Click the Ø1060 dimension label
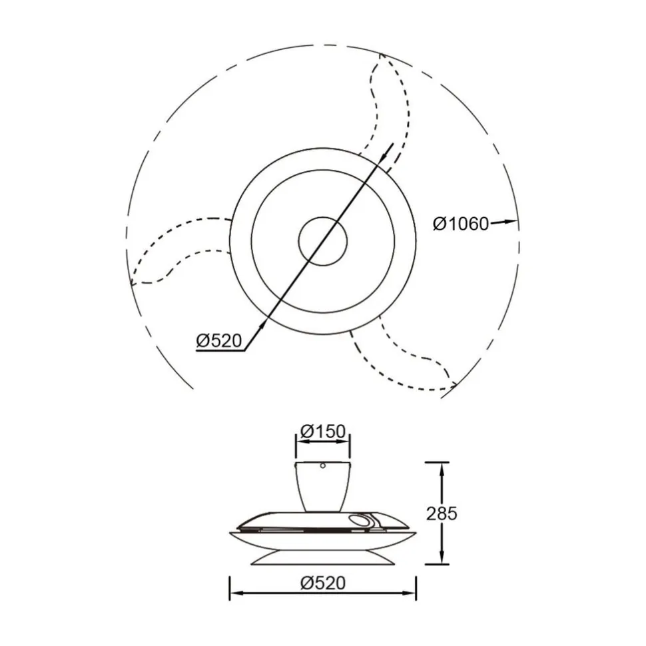(461, 224)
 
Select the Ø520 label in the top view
(218, 341)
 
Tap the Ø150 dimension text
(322, 432)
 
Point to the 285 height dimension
(442, 513)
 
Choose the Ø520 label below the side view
(323, 583)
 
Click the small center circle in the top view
(323, 242)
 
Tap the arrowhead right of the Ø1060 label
(509, 222)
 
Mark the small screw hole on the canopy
(322, 466)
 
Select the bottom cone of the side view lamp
(322, 557)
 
